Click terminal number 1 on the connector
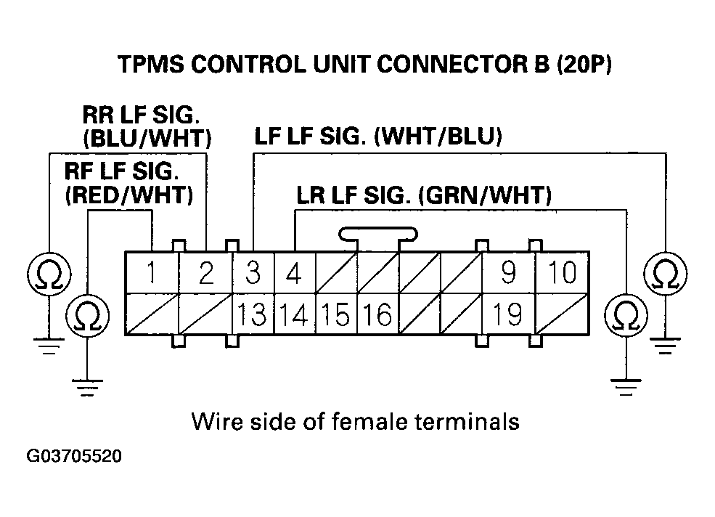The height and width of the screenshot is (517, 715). pyautogui.click(x=151, y=273)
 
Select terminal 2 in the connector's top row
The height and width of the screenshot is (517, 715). pyautogui.click(x=206, y=273)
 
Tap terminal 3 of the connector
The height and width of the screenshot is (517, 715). pyautogui.click(x=253, y=273)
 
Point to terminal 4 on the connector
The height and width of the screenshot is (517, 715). pyautogui.click(x=294, y=273)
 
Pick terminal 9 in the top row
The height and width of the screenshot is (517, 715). pyautogui.click(x=508, y=273)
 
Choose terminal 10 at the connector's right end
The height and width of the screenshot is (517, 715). pyautogui.click(x=561, y=273)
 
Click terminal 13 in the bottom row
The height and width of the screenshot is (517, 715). pyautogui.click(x=252, y=314)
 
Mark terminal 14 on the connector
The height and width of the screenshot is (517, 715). pyautogui.click(x=294, y=314)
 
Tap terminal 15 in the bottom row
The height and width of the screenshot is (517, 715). pyautogui.click(x=336, y=314)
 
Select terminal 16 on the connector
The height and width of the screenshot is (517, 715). pyautogui.click(x=377, y=314)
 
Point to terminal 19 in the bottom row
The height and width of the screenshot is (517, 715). pyautogui.click(x=508, y=314)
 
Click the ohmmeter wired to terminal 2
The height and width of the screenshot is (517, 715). pyautogui.click(x=48, y=273)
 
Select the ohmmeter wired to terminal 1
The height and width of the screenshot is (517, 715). pyautogui.click(x=87, y=314)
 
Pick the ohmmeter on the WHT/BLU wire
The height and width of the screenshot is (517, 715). pyautogui.click(x=664, y=273)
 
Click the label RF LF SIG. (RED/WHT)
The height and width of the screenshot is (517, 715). pyautogui.click(x=128, y=184)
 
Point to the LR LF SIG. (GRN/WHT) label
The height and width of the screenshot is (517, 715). pyautogui.click(x=424, y=196)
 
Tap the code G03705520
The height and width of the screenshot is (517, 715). pyautogui.click(x=74, y=457)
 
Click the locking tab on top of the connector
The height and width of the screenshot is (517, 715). pyautogui.click(x=377, y=235)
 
